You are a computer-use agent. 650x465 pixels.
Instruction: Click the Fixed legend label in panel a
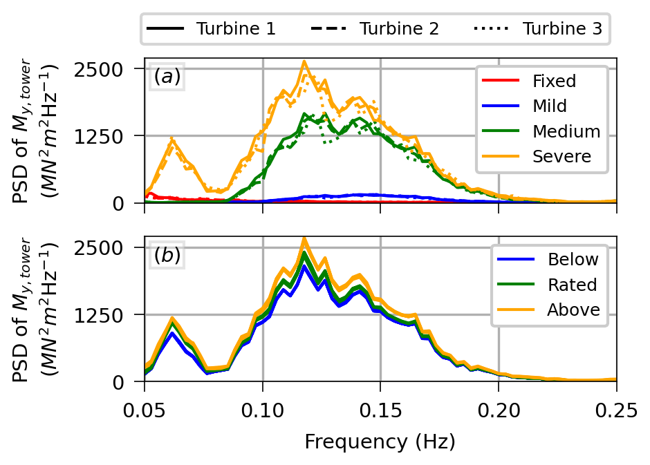tap(554, 81)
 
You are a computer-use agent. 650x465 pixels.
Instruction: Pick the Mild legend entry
tap(550, 106)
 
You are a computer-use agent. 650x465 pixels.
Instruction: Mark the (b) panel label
tap(167, 256)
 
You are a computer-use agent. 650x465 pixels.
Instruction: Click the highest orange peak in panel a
tap(304, 61)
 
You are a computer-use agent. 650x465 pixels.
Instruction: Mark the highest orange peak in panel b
tap(304, 238)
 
